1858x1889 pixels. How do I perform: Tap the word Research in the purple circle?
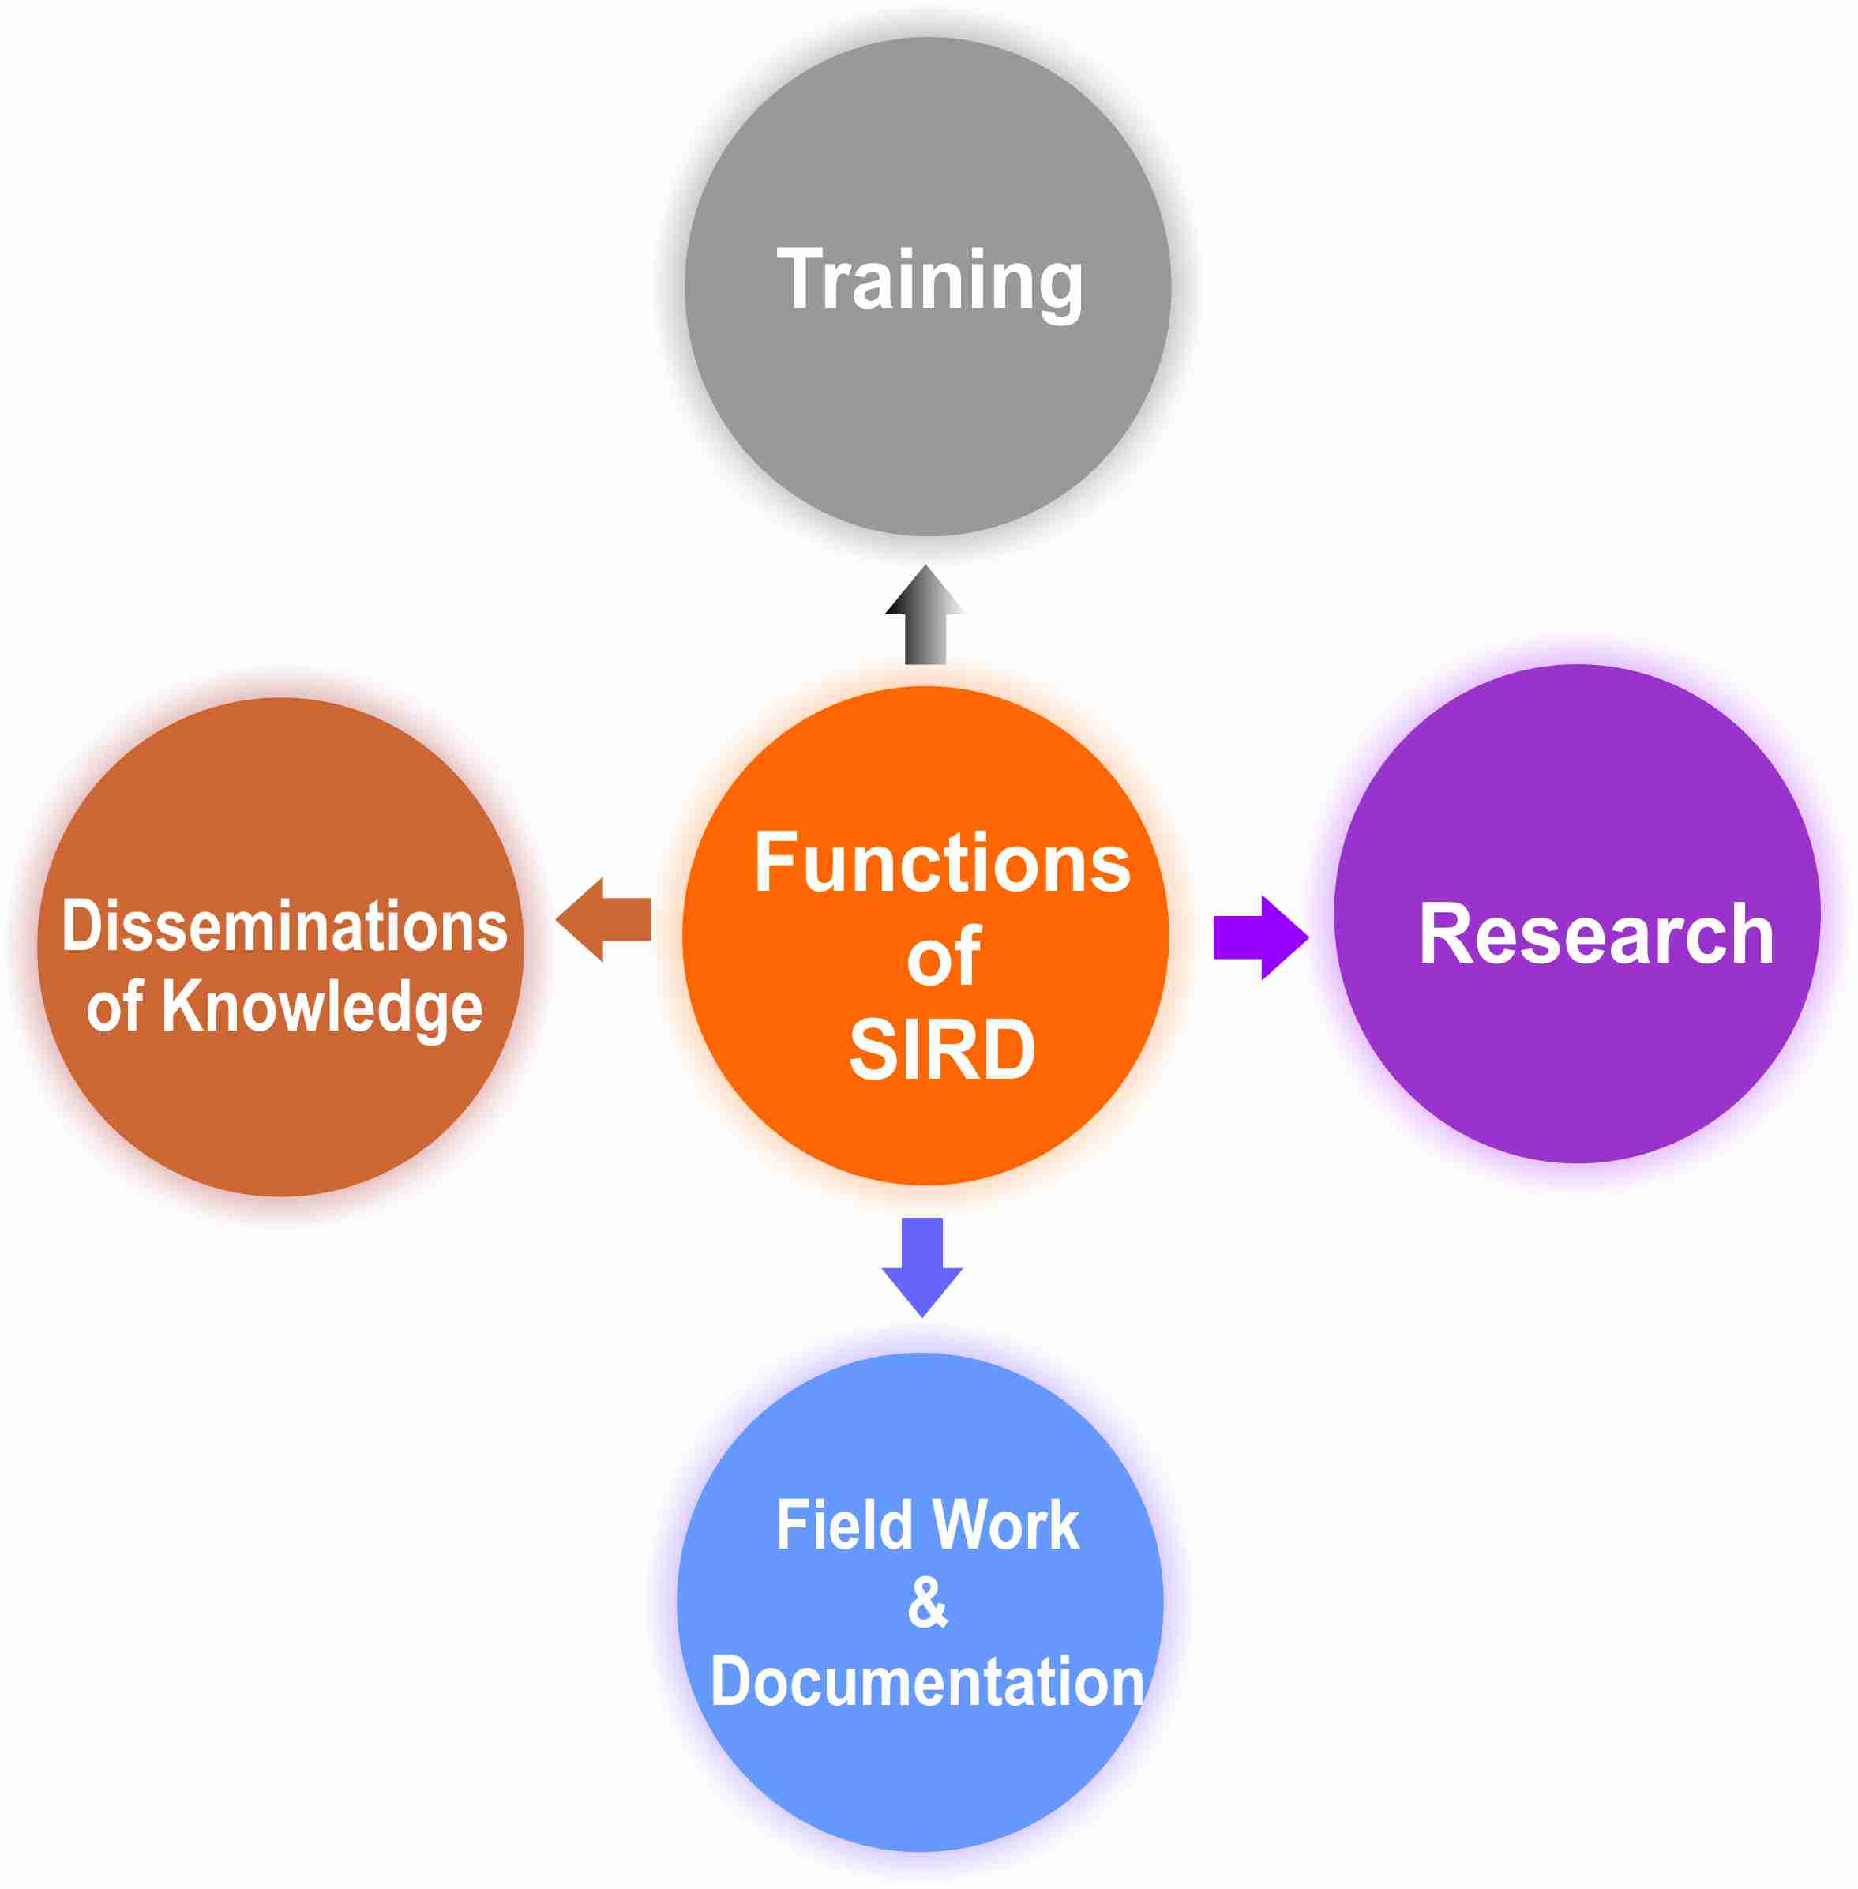coord(1597,935)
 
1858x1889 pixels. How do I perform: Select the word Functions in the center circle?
coord(942,863)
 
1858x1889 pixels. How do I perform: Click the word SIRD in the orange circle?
coord(942,1050)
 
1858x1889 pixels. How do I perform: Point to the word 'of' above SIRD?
coord(943,958)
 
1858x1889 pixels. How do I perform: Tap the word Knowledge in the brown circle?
coord(322,1007)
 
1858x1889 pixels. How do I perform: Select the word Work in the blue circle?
coord(1006,1525)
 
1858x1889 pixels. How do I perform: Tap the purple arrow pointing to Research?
coord(1259,937)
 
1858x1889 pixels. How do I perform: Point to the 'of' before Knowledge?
coord(114,1007)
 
